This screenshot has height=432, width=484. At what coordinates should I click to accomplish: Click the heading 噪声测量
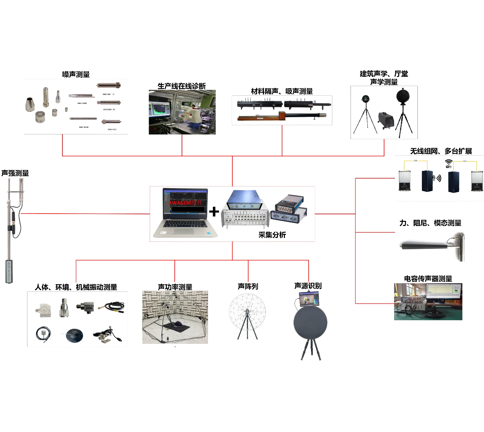click(76, 74)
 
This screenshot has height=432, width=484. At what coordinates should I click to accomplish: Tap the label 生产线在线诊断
click(182, 86)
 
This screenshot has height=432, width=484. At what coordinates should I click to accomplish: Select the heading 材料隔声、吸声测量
click(282, 91)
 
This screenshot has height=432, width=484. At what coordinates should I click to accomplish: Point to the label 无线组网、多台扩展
click(441, 151)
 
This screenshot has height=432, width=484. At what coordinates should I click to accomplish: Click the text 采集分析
click(272, 235)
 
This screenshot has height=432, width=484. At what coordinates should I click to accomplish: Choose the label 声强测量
click(15, 173)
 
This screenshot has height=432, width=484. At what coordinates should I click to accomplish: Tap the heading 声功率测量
click(175, 287)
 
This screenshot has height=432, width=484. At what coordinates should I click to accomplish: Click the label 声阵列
click(248, 286)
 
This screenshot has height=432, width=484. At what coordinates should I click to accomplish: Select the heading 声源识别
click(308, 286)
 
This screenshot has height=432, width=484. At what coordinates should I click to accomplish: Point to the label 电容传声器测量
click(428, 279)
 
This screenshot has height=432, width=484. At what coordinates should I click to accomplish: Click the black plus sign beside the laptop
click(214, 212)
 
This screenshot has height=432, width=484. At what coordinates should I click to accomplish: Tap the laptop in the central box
click(185, 213)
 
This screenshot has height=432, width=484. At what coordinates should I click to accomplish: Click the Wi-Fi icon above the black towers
click(448, 162)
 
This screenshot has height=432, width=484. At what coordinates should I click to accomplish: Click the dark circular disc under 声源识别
click(310, 323)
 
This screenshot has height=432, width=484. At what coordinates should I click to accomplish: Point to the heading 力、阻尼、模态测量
click(430, 223)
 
